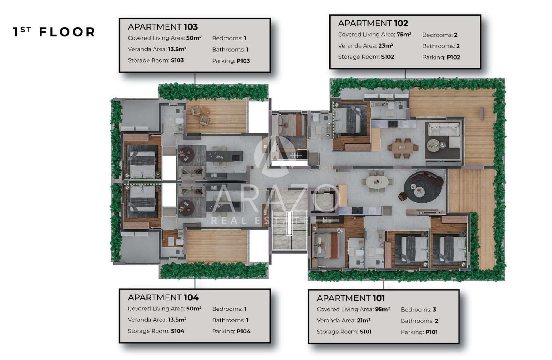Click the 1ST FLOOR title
[54, 32]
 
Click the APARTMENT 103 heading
[162, 27]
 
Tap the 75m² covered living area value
[404, 35]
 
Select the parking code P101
[432, 332]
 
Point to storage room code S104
[177, 331]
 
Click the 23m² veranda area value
[386, 46]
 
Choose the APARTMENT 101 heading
[351, 298]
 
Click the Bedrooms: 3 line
[418, 309]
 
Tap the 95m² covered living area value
[382, 309]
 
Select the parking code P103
[243, 61]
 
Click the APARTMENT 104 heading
[163, 297]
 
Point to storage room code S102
[388, 57]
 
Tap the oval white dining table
[377, 182]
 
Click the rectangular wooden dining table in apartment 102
[403, 148]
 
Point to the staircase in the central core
[290, 230]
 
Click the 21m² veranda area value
[364, 320]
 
